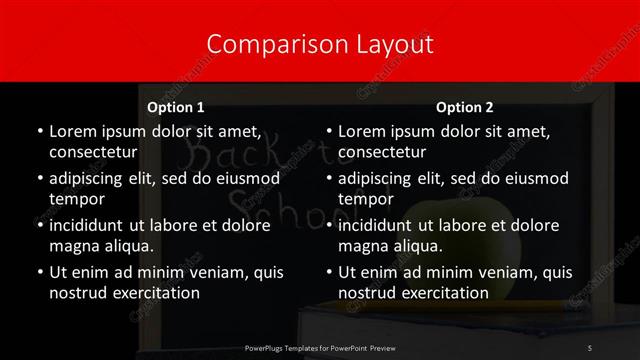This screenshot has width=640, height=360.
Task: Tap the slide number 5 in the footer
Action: click(x=591, y=347)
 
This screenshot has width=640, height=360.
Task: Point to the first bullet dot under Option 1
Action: click(x=39, y=132)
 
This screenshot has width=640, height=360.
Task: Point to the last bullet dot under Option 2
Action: click(x=329, y=272)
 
